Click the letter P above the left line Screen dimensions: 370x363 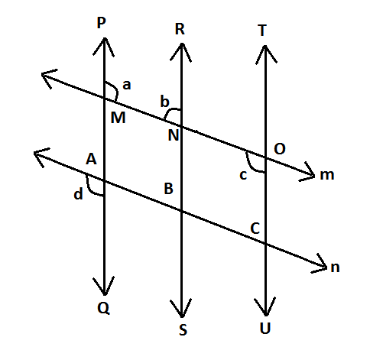pyautogui.click(x=101, y=23)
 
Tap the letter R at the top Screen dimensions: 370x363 pyautogui.click(x=180, y=29)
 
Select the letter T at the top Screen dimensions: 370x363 pyautogui.click(x=262, y=31)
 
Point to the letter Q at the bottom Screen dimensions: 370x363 pyautogui.click(x=103, y=308)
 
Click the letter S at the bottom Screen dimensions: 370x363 pyautogui.click(x=183, y=329)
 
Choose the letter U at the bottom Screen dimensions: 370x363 pyautogui.click(x=265, y=328)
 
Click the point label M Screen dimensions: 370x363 pyautogui.click(x=118, y=118)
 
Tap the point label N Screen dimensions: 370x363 pyautogui.click(x=174, y=135)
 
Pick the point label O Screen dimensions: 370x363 pyautogui.click(x=280, y=149)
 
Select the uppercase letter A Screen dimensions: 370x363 pyautogui.click(x=91, y=159)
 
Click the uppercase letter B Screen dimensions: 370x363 pyautogui.click(x=169, y=189)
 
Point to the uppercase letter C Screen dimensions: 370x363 pyautogui.click(x=255, y=228)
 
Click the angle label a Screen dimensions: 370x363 pyautogui.click(x=127, y=85)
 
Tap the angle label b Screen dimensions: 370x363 pyautogui.click(x=164, y=101)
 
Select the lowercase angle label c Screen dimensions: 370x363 pyautogui.click(x=243, y=175)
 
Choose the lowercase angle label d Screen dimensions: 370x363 pyautogui.click(x=78, y=194)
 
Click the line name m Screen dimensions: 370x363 pyautogui.click(x=327, y=175)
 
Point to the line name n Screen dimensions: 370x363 pyautogui.click(x=335, y=267)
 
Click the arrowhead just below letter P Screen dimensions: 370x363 pyautogui.click(x=104, y=47)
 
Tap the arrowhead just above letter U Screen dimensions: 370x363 pyautogui.click(x=265, y=306)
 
